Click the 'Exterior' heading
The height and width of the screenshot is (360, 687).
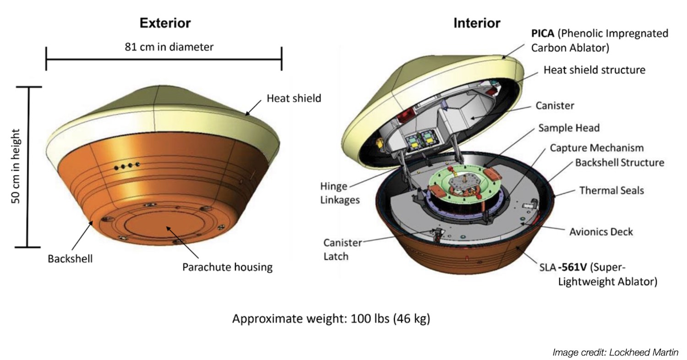[165, 23]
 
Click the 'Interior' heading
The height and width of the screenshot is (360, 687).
[477, 23]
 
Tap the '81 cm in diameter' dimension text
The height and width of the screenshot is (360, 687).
[169, 47]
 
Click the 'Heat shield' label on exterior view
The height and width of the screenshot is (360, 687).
[294, 98]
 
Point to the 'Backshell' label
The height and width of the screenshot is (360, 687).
[70, 259]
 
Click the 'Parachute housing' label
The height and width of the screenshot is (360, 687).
[227, 267]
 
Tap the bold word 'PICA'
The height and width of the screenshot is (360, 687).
[543, 33]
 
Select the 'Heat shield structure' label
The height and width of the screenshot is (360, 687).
[594, 70]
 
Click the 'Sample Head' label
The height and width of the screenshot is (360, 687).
[568, 128]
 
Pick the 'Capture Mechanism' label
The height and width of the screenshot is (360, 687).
[596, 148]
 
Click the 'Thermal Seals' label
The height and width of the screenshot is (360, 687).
[611, 190]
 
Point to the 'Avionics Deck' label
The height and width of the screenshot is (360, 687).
[601, 232]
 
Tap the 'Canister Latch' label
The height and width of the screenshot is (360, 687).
[343, 249]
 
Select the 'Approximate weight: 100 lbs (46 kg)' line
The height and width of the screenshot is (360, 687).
[331, 319]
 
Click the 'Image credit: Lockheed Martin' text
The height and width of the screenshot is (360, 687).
[615, 352]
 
